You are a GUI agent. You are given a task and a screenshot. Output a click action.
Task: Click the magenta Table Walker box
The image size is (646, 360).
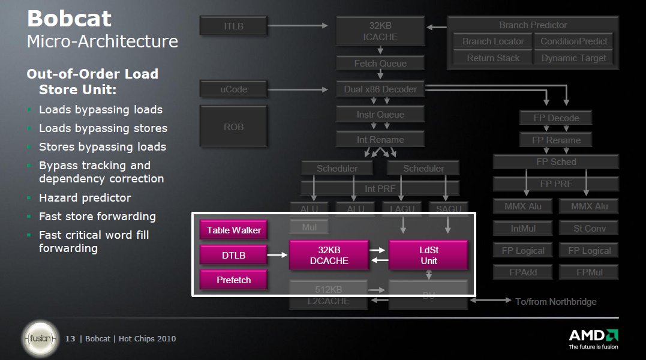(234, 230)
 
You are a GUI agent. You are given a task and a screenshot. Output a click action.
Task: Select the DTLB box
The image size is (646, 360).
(234, 256)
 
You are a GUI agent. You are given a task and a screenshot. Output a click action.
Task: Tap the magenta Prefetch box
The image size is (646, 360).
(234, 280)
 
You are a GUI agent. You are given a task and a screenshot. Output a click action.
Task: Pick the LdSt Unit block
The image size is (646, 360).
(428, 255)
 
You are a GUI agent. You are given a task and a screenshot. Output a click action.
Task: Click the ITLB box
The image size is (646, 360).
(234, 26)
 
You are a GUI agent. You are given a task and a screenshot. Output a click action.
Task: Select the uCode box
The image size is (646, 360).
(234, 89)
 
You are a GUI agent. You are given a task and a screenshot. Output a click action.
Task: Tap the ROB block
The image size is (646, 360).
(234, 127)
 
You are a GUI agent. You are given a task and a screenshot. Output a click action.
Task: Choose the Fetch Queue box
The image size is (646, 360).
(380, 64)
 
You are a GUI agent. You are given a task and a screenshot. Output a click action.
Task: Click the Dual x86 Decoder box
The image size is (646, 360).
(380, 89)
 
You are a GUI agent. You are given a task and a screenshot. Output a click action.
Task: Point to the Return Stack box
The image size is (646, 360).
(493, 58)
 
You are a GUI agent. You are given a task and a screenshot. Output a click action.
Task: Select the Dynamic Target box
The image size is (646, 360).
(573, 58)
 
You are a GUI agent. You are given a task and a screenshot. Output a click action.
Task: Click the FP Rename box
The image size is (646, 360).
(556, 140)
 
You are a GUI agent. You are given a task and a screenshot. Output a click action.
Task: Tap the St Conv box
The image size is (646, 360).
(590, 228)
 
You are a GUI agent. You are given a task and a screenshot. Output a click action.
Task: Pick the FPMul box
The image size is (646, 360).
(590, 272)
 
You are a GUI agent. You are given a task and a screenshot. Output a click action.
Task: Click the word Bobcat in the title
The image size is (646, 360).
(69, 19)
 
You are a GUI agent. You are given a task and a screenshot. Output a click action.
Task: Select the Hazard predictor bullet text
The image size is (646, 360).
(85, 198)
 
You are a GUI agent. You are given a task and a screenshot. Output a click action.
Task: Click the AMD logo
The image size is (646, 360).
(593, 335)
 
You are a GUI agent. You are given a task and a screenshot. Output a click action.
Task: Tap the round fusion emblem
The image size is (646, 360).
(41, 339)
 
